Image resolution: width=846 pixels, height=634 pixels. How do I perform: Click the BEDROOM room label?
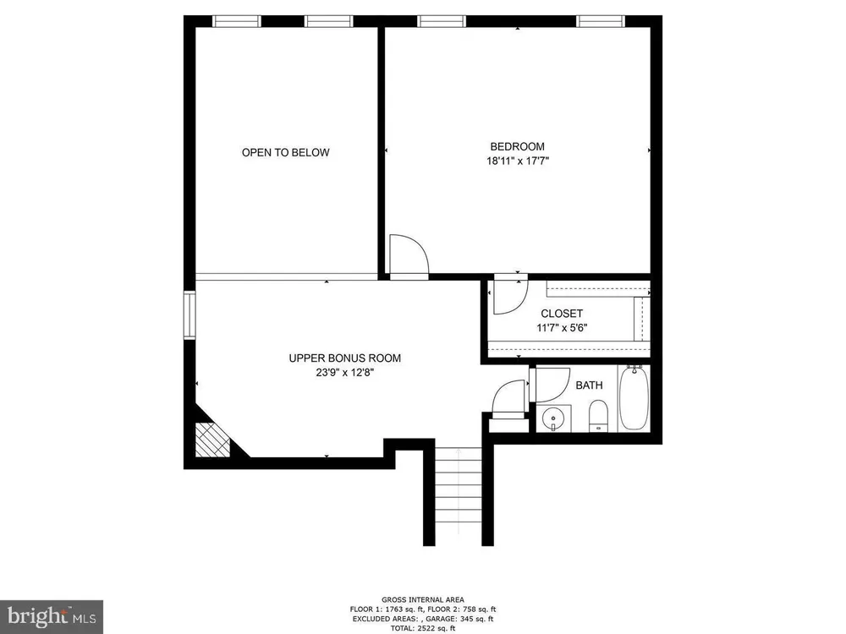[517, 146]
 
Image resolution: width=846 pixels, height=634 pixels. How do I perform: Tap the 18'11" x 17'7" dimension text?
[518, 161]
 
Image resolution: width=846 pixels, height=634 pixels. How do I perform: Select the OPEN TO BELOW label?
[285, 152]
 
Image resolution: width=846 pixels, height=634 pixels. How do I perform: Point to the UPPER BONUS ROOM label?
[345, 358]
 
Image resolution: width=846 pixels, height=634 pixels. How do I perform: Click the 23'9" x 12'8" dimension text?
[345, 372]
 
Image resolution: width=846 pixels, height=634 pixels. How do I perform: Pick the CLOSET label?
[562, 314]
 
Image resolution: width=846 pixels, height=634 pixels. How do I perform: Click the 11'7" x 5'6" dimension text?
[562, 327]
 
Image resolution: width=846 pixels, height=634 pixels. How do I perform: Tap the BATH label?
[589, 385]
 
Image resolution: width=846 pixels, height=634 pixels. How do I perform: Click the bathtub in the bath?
[634, 398]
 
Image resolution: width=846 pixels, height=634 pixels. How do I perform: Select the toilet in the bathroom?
[598, 416]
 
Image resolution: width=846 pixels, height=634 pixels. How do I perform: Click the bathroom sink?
[553, 418]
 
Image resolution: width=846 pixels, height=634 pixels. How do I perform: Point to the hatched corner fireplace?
[212, 440]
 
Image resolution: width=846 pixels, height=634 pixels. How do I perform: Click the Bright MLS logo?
[52, 617]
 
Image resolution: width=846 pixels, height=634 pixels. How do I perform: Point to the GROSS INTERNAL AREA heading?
[422, 599]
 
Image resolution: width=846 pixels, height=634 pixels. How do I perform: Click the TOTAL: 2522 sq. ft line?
[422, 629]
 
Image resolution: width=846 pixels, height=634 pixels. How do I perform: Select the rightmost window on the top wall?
[601, 22]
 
